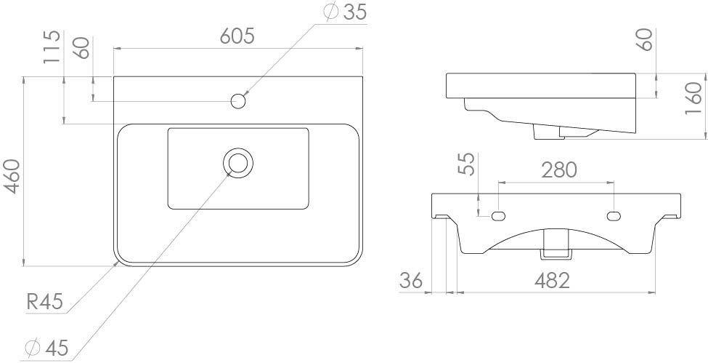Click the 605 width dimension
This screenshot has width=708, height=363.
click(238, 36)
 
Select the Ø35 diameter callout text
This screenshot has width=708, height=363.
click(345, 12)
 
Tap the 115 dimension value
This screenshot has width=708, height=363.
click(51, 47)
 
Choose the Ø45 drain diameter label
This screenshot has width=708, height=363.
click(46, 348)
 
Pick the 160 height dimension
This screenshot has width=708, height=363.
click(694, 99)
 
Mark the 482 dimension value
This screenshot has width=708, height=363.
click(556, 281)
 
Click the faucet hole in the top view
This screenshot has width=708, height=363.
click(237, 101)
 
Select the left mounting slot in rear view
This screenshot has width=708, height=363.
click(499, 215)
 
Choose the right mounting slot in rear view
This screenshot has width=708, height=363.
click(614, 215)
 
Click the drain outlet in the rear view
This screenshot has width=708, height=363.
click(556, 243)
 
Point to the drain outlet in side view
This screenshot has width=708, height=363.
click(548, 132)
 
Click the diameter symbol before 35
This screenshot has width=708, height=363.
click(330, 12)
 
